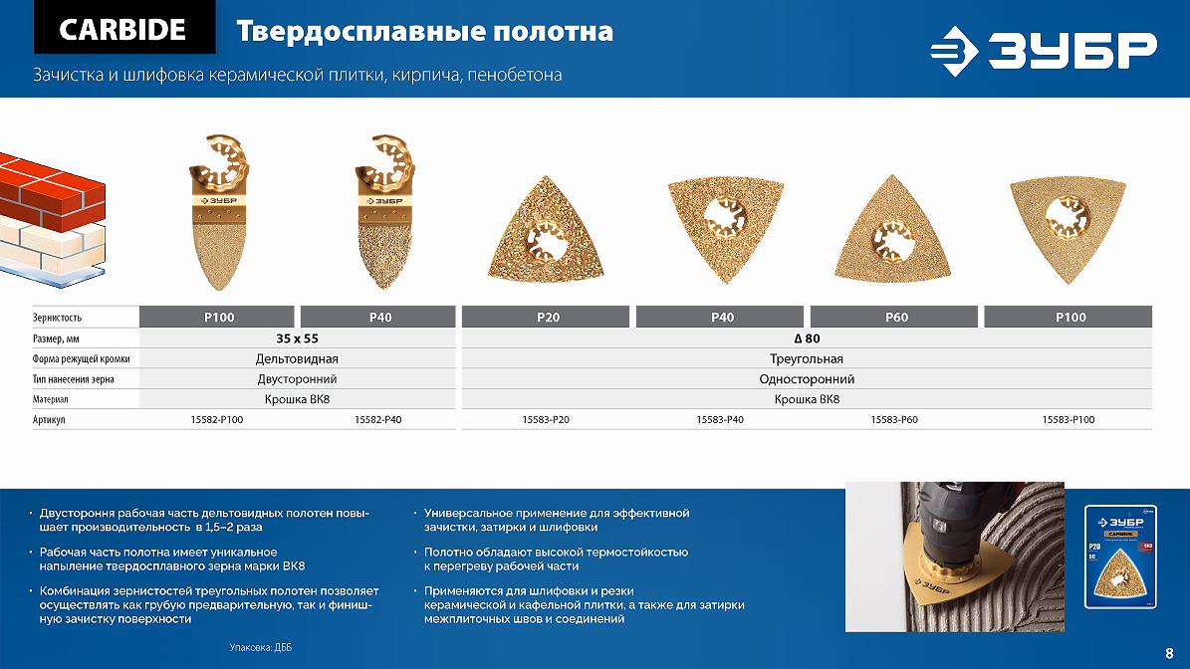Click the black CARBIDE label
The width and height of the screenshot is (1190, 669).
tap(124, 28)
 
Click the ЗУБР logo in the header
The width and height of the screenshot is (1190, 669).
tap(1044, 51)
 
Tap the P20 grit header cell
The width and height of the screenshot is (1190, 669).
tap(546, 317)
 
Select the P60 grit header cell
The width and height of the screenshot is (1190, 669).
tap(894, 317)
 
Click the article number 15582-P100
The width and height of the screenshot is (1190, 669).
tap(217, 419)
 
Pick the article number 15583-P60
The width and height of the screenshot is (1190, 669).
tap(894, 419)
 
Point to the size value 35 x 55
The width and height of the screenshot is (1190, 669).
tap(298, 338)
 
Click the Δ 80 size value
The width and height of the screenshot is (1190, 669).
tap(807, 338)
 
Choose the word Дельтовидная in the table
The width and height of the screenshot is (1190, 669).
tap(297, 358)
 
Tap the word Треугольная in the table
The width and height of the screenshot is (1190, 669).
tap(807, 358)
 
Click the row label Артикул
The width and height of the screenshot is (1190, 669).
tap(49, 419)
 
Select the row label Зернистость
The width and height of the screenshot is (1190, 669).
tap(57, 318)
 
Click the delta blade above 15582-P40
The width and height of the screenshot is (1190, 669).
tap(384, 212)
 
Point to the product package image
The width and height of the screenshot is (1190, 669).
tap(1120, 557)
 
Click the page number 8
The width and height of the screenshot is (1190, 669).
tap(1169, 653)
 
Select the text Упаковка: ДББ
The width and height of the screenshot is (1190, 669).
tap(260, 648)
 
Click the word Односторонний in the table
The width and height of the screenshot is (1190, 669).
tap(807, 379)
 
